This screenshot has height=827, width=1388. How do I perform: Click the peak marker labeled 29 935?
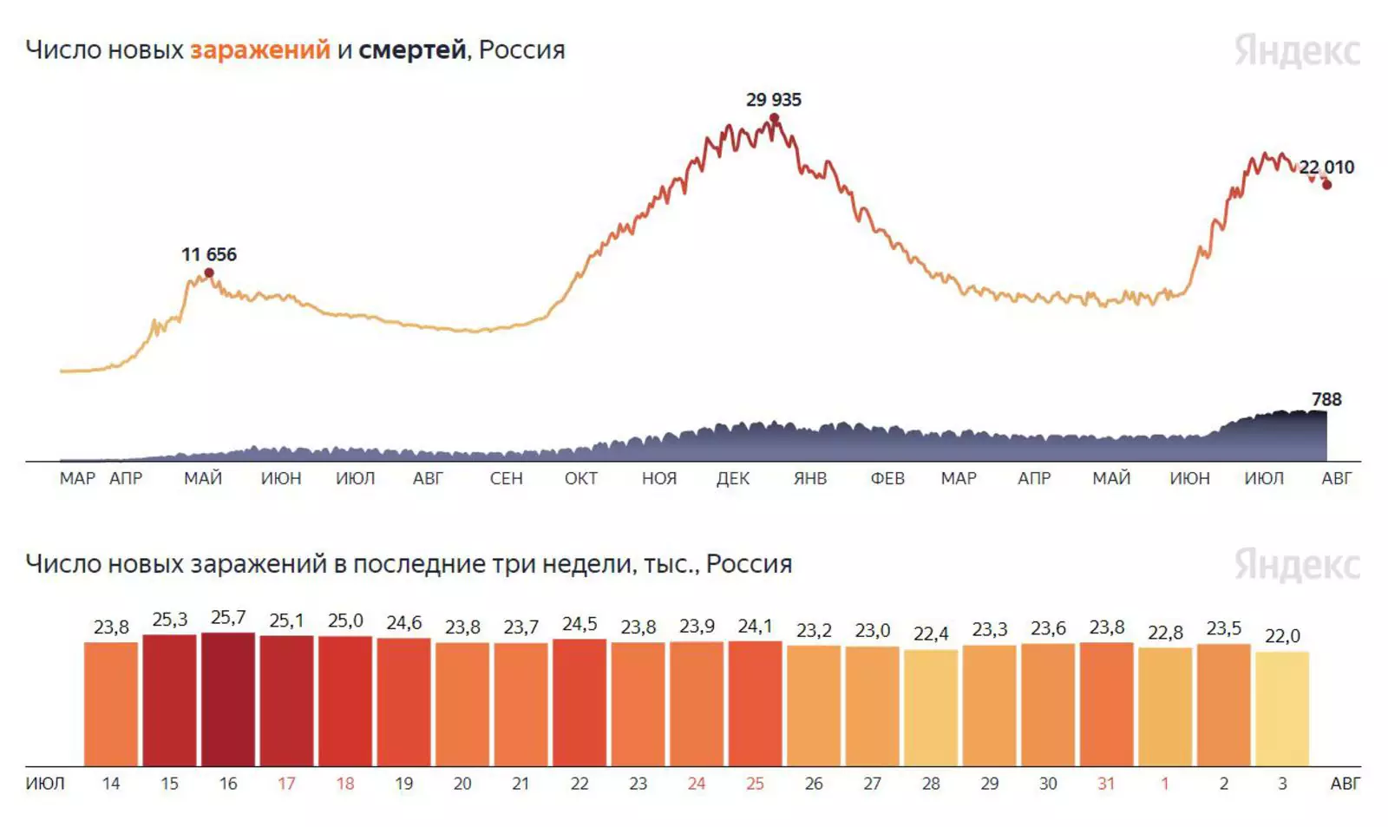point(774,119)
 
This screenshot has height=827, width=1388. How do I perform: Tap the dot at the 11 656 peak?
point(209,273)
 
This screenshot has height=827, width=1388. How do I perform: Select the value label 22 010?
point(1326,167)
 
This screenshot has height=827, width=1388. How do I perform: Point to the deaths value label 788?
point(1326,399)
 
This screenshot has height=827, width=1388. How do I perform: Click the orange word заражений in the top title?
point(260,50)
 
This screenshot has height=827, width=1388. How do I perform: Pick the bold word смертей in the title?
point(412,50)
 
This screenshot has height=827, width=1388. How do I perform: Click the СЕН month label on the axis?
point(506,478)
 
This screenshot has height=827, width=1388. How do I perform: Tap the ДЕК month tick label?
point(733,478)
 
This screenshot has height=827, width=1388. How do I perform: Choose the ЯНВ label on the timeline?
point(810,478)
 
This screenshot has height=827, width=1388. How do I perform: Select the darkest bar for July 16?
point(228,699)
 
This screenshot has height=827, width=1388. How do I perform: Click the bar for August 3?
point(1282,708)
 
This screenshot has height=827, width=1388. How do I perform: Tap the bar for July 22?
point(579,702)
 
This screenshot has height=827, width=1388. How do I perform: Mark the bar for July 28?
point(931,707)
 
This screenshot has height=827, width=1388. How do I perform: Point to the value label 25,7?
point(228,618)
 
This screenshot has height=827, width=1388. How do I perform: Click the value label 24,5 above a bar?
point(579,625)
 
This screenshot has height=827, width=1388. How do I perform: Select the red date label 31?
point(1106,784)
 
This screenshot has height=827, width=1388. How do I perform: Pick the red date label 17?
point(286,784)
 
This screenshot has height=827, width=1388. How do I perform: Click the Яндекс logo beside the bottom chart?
point(1297,564)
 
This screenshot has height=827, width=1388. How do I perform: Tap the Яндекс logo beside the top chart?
point(1297,50)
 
